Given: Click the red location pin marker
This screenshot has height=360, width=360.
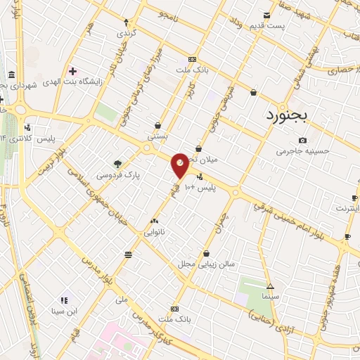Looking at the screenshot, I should [x=180, y=164].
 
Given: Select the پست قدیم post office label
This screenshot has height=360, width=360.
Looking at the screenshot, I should [x=266, y=26].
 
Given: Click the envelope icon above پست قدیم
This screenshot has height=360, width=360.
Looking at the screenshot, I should [x=266, y=15].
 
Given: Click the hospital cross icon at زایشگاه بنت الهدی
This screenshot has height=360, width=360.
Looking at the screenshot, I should [x=72, y=70].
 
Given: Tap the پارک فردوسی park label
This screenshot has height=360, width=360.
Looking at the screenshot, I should [x=117, y=174].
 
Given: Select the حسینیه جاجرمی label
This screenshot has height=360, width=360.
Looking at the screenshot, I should [x=302, y=150].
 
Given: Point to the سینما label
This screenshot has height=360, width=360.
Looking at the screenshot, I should [x=271, y=297].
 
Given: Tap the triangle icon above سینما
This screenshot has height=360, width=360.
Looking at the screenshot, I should [x=271, y=286].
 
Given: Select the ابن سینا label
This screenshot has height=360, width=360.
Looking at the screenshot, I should [x=64, y=310].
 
